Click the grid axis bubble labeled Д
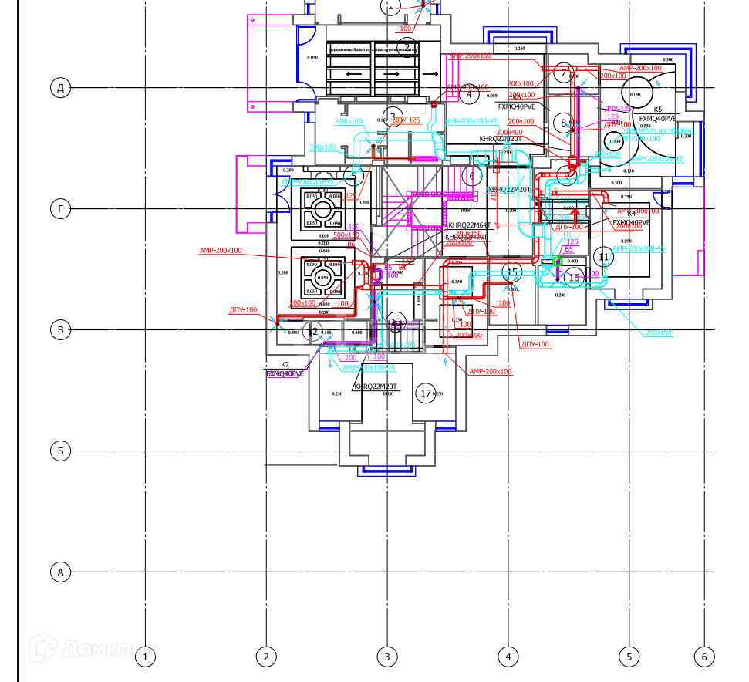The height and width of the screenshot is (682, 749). (x=61, y=87)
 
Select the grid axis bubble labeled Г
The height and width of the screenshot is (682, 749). (x=61, y=208)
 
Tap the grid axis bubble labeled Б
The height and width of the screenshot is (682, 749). (x=61, y=451)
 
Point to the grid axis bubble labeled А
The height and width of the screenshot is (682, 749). (x=61, y=572)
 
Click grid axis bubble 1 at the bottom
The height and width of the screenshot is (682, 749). (x=145, y=657)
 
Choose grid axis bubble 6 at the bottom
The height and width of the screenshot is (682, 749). (x=704, y=657)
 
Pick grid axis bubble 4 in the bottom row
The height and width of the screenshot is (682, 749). (x=508, y=657)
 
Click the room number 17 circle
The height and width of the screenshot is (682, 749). (x=425, y=393)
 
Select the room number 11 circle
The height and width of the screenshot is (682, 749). (x=604, y=257)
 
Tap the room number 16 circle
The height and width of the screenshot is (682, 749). (x=574, y=278)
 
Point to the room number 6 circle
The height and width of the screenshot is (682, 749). (x=472, y=177)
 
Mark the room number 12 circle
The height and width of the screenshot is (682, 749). (x=312, y=332)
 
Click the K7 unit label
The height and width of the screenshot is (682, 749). (x=285, y=365)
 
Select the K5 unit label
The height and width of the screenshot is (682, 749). (x=658, y=110)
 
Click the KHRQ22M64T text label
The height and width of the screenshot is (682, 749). (x=469, y=225)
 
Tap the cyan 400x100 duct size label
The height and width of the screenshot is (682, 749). (x=349, y=121)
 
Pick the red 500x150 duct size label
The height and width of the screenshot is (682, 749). (x=346, y=235)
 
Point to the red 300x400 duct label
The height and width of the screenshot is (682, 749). (x=509, y=132)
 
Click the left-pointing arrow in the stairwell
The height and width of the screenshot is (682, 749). (x=356, y=74)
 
